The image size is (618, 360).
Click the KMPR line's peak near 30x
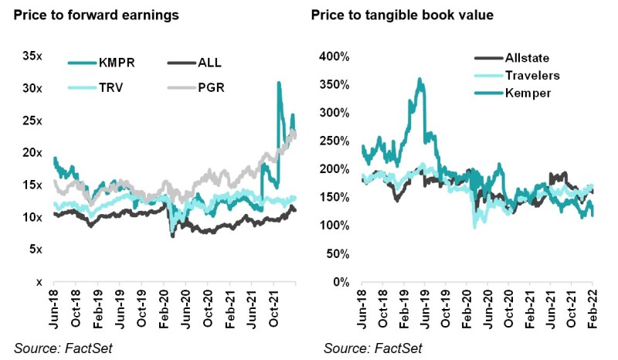(x=278, y=83)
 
